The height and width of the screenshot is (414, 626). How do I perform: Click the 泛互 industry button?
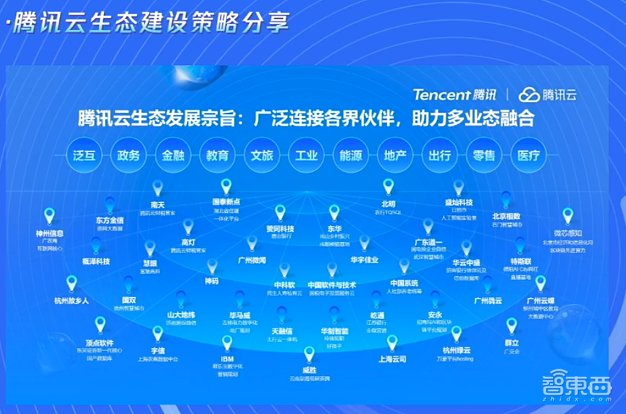83,156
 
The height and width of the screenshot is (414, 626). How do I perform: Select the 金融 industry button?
173,156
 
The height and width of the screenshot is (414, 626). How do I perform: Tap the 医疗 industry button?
528,156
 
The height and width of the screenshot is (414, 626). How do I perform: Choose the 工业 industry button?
306,156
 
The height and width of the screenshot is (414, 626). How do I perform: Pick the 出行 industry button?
440,156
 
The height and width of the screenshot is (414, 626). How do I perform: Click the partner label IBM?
227,359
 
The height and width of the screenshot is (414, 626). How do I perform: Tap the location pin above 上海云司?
392,343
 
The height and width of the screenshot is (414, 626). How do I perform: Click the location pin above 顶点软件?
100,325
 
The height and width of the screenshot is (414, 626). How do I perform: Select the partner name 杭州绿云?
456,351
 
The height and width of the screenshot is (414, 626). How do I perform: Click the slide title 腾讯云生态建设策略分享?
148,22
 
